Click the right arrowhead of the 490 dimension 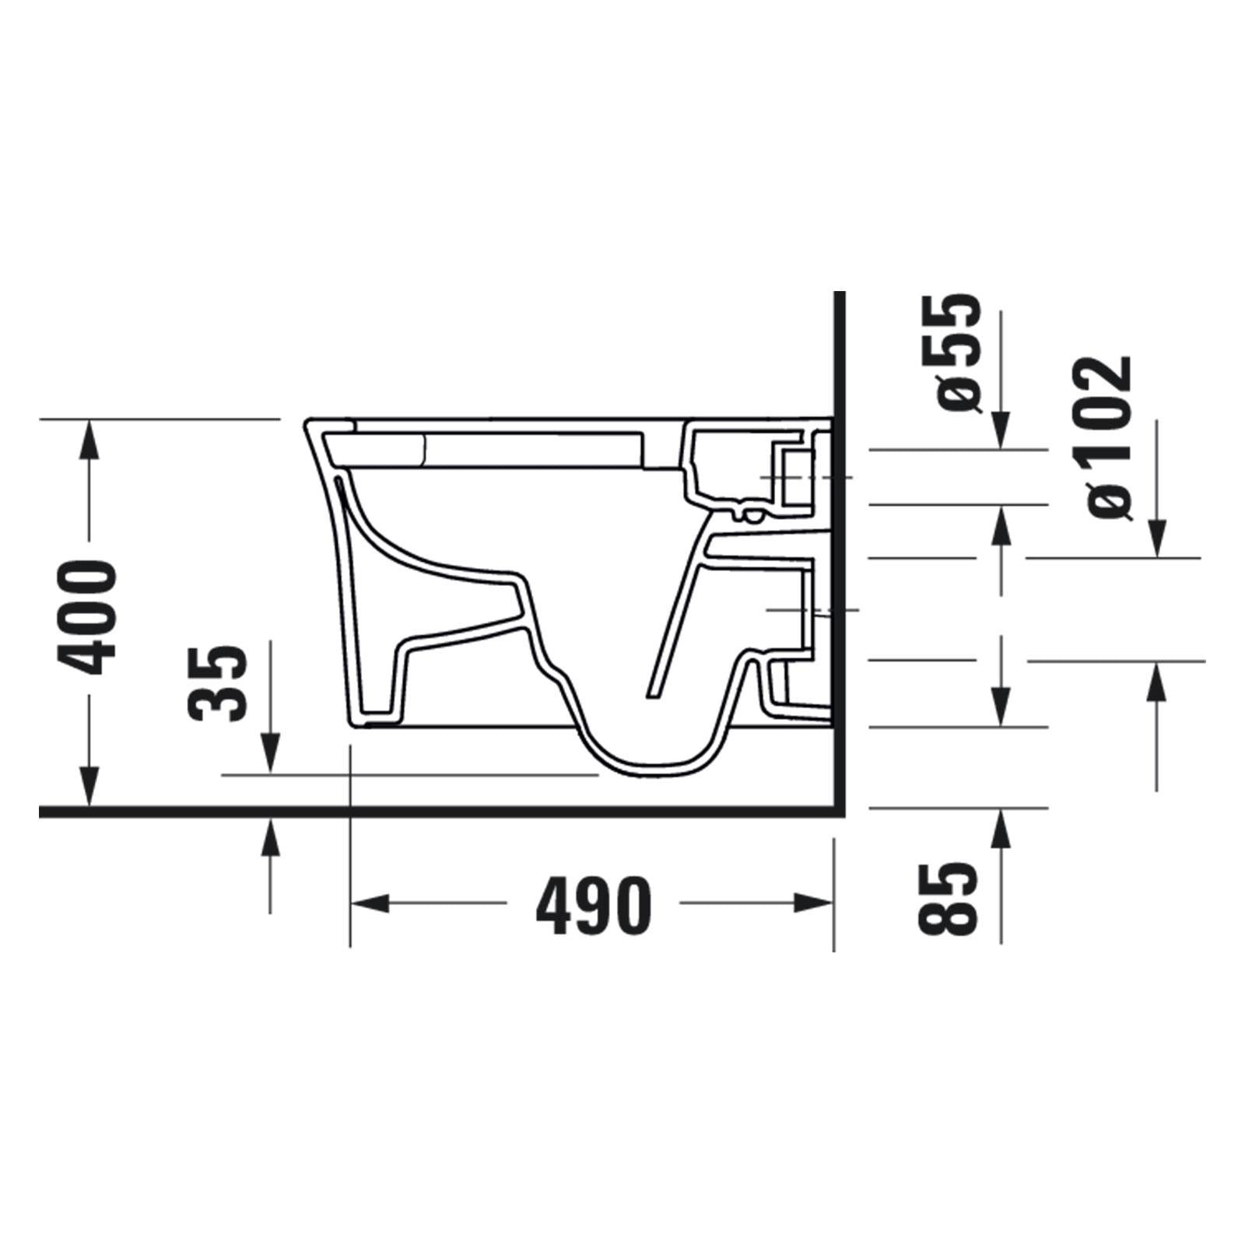814,903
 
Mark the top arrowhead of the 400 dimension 90,440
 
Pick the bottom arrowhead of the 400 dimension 90,786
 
